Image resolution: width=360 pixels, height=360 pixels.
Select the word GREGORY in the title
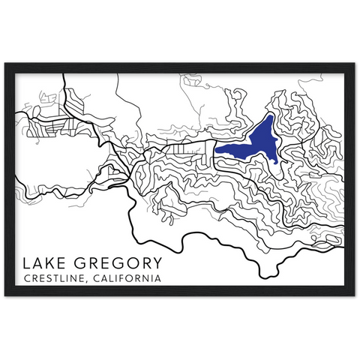119,265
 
